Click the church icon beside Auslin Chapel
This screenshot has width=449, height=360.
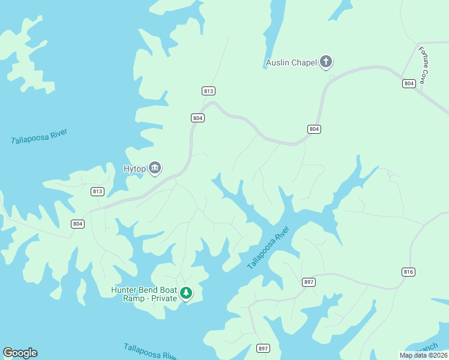click(326, 62)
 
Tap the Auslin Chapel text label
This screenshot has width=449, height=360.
click(291, 62)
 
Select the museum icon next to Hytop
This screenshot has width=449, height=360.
click(155, 168)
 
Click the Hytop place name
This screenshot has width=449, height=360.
click(134, 169)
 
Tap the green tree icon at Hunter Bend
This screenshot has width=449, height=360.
click(187, 293)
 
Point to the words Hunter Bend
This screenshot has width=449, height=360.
click(136, 290)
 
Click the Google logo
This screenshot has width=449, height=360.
click(20, 353)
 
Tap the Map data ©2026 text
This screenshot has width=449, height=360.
click(423, 355)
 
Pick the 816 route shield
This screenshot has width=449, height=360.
click(408, 272)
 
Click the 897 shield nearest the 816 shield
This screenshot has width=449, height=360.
click(309, 282)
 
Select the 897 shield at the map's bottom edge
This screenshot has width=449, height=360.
click(263, 349)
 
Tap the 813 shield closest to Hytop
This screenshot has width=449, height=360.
click(97, 191)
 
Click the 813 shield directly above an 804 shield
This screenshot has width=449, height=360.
click(208, 91)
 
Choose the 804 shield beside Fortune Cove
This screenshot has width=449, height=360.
click(409, 83)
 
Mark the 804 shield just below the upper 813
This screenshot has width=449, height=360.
click(198, 118)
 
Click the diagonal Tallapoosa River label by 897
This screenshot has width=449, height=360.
click(268, 248)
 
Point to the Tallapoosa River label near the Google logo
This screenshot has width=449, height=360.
click(149, 351)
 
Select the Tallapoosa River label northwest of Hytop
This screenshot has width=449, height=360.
click(39, 136)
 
